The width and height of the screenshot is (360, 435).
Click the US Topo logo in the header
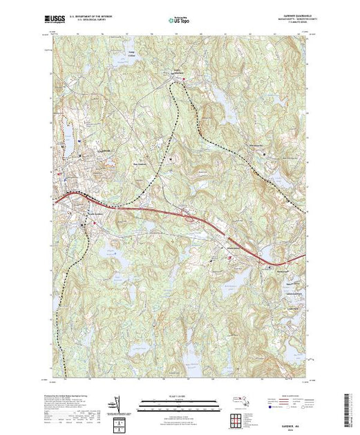[x=178, y=20]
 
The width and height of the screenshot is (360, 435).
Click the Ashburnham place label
[x=180, y=70]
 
